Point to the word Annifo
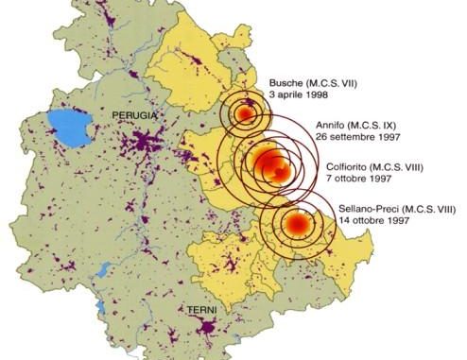tap(328, 123)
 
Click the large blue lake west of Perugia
tap(62, 126)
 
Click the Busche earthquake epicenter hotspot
tap(245, 114)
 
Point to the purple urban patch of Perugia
tap(143, 145)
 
